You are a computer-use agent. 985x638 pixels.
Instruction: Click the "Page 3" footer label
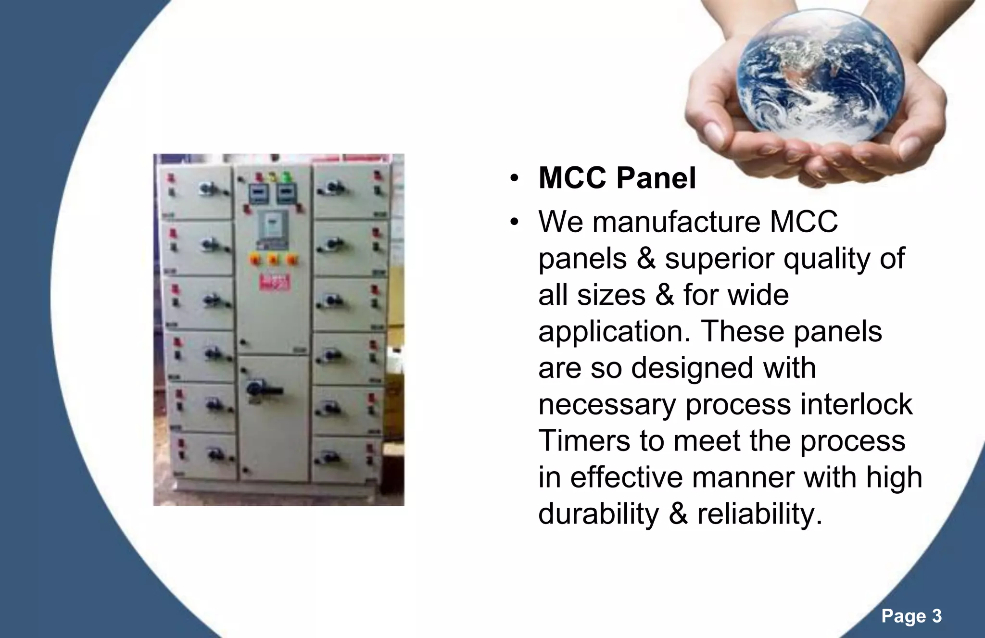(x=911, y=616)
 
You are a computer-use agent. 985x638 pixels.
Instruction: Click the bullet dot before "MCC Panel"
(x=514, y=179)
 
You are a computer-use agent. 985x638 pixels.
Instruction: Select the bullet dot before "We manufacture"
(x=514, y=223)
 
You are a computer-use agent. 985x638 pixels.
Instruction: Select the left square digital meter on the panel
(x=257, y=194)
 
